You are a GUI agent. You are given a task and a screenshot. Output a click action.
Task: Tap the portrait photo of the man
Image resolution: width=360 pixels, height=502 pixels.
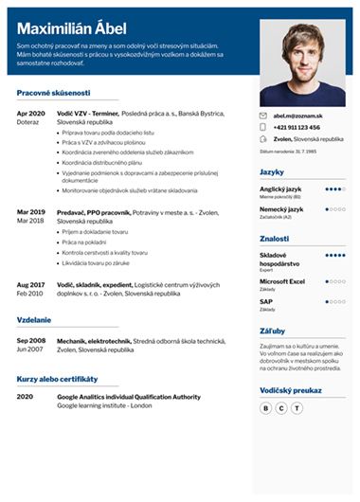(303, 62)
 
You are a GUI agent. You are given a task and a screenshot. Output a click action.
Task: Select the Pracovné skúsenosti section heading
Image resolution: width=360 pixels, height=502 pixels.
(54, 93)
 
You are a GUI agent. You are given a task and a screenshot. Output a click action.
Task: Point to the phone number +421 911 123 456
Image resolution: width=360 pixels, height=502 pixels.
(297, 127)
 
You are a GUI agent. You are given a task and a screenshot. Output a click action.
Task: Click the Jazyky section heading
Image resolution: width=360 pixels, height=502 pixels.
(272, 171)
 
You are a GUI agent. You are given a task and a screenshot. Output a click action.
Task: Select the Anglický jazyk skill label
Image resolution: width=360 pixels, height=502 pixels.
(281, 188)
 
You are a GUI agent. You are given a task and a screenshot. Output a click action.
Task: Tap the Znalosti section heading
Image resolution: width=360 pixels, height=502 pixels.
(275, 240)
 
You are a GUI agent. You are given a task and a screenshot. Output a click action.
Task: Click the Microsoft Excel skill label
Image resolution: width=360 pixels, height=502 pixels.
(283, 280)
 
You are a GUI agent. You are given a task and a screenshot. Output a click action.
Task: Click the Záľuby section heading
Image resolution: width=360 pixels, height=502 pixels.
(272, 332)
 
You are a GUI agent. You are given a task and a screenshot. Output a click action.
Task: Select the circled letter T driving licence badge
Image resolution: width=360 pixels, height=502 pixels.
(297, 407)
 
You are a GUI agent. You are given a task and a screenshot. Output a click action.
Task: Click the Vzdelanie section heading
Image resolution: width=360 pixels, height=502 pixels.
(34, 320)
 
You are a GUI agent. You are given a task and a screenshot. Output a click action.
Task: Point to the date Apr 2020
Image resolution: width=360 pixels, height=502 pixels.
(31, 113)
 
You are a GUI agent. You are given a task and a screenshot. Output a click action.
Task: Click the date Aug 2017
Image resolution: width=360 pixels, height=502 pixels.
(31, 283)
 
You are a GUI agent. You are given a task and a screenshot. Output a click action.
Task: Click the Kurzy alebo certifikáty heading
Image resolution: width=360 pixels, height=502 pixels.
(59, 377)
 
